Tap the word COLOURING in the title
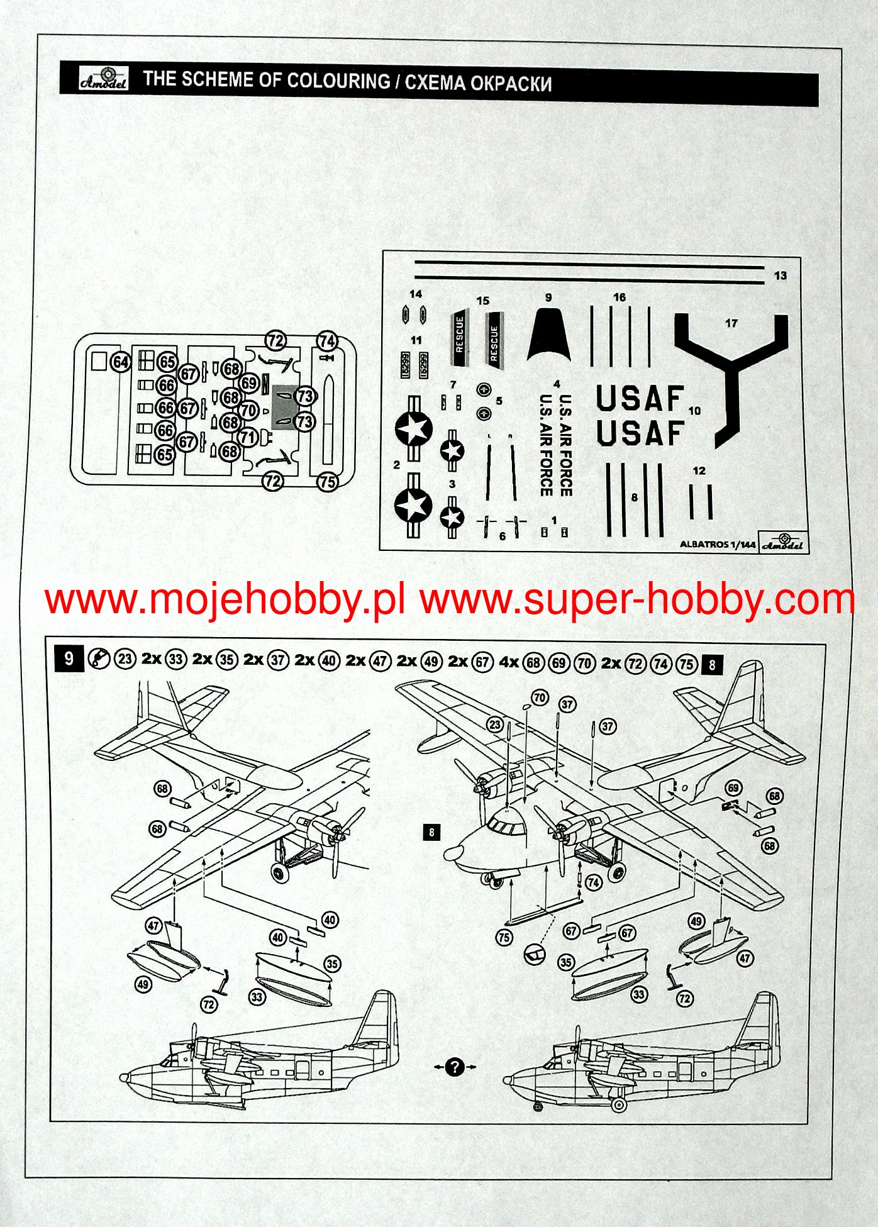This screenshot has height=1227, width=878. tap(338, 81)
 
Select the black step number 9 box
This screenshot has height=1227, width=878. tap(69, 659)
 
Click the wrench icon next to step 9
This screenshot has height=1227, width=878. tap(98, 659)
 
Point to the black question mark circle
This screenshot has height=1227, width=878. tap(455, 1067)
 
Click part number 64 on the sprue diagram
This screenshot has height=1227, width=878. tap(121, 362)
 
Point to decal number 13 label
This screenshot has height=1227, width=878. tap(781, 275)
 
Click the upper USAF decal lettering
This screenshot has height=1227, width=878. tap(640, 399)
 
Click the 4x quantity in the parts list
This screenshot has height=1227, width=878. tap(508, 661)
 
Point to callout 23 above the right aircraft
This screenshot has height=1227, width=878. tap(495, 725)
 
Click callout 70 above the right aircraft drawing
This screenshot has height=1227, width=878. tap(540, 697)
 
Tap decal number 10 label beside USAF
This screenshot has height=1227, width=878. tap(694, 411)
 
